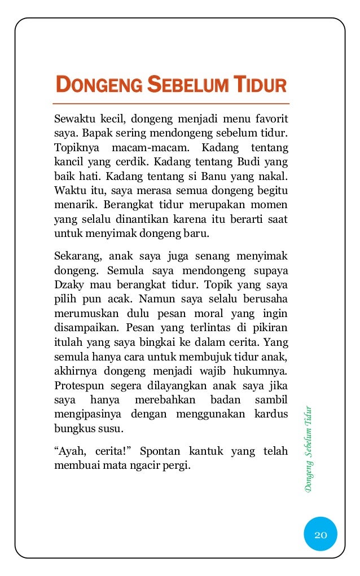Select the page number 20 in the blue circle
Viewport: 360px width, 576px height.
(x=321, y=534)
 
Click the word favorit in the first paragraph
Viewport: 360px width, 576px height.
(x=270, y=120)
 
